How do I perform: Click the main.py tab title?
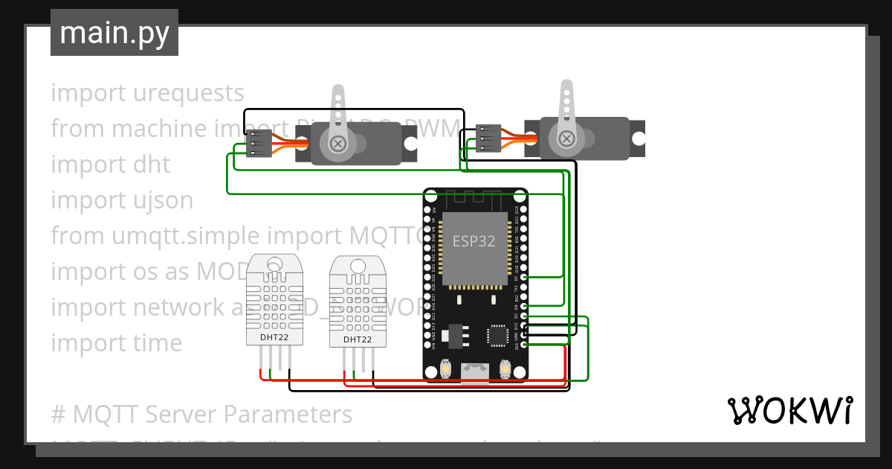pyautogui.click(x=114, y=33)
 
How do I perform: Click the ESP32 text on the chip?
pyautogui.click(x=474, y=241)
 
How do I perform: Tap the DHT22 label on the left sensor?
pyautogui.click(x=275, y=337)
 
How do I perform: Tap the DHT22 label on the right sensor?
pyautogui.click(x=358, y=339)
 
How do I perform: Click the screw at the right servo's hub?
pyautogui.click(x=566, y=138)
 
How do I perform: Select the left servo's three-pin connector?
pyautogui.click(x=259, y=144)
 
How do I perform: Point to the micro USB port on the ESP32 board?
pyautogui.click(x=475, y=370)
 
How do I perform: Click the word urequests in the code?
pyautogui.click(x=189, y=93)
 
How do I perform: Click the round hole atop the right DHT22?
pyautogui.click(x=358, y=265)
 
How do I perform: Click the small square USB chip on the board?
pyautogui.click(x=497, y=336)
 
